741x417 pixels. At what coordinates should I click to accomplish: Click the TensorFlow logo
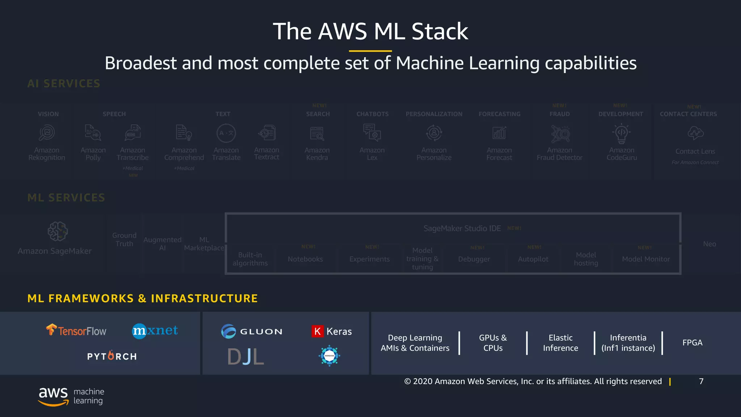[x=76, y=330]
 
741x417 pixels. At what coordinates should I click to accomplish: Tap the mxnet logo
[x=155, y=330]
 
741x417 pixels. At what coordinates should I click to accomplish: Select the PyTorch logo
[x=112, y=356]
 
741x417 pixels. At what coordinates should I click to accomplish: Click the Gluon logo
[x=252, y=331]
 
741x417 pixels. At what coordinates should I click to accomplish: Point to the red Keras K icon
[x=317, y=331]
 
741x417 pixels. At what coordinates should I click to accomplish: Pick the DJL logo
[x=246, y=357]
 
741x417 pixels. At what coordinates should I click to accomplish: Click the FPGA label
[x=692, y=342]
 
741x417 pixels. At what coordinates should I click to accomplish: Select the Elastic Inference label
[x=560, y=343]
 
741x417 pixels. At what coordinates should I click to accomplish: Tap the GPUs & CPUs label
[x=493, y=343]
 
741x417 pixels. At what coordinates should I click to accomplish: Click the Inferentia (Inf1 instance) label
[x=628, y=343]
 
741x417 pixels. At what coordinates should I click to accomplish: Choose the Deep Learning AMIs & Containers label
[x=415, y=343]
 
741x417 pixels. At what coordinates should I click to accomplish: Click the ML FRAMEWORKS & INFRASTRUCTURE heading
[x=143, y=298]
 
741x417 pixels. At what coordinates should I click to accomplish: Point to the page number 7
[x=701, y=381]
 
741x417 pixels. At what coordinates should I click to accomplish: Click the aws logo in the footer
[x=54, y=396]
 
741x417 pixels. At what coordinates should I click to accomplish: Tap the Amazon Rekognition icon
[x=47, y=133]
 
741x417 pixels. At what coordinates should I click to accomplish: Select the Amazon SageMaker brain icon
[x=58, y=231]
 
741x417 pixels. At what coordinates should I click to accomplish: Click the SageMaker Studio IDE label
[x=462, y=228]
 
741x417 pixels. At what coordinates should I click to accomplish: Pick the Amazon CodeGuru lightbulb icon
[x=622, y=133]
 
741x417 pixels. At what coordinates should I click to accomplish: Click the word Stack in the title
[x=440, y=31]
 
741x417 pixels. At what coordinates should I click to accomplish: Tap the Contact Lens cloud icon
[x=695, y=133]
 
